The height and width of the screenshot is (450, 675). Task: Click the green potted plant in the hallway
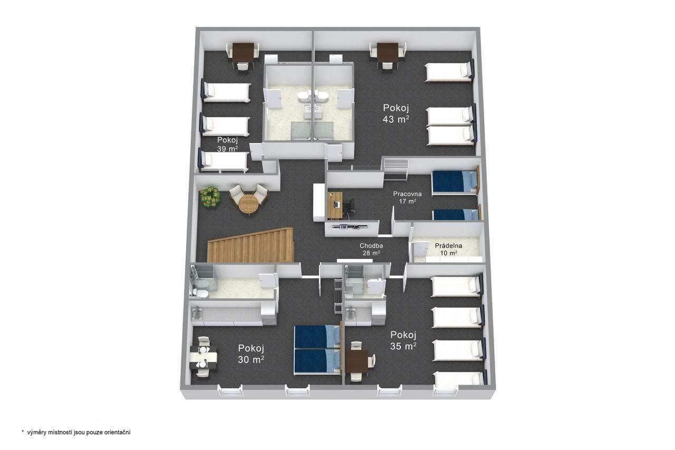[x=209, y=197]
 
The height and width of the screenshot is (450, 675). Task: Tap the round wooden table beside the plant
[x=248, y=204]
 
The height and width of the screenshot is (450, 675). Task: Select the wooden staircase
[x=250, y=246]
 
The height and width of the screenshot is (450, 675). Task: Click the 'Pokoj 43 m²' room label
[x=396, y=113]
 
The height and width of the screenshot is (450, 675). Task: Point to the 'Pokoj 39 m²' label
[x=227, y=144]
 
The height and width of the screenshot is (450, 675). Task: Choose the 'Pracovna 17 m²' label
[x=408, y=197]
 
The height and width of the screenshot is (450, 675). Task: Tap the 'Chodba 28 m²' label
[x=371, y=249]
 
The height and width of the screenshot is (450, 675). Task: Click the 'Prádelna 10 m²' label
[x=448, y=249]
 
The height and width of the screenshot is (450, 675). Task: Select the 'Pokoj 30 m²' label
[x=251, y=354]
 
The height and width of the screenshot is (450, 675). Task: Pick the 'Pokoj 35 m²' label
[x=403, y=341]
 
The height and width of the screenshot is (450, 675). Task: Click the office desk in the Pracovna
[x=335, y=205]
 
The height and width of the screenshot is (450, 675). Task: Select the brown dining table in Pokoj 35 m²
[x=357, y=361]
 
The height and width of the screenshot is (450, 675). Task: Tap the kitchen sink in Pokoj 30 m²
[x=197, y=313]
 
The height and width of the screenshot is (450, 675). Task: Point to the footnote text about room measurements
[x=76, y=433]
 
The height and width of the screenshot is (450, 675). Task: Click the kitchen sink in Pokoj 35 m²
[x=350, y=313]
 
